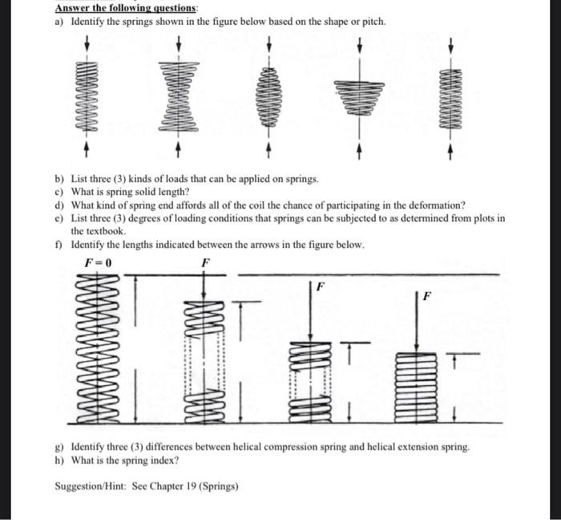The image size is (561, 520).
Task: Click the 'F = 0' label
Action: click(x=98, y=262)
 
